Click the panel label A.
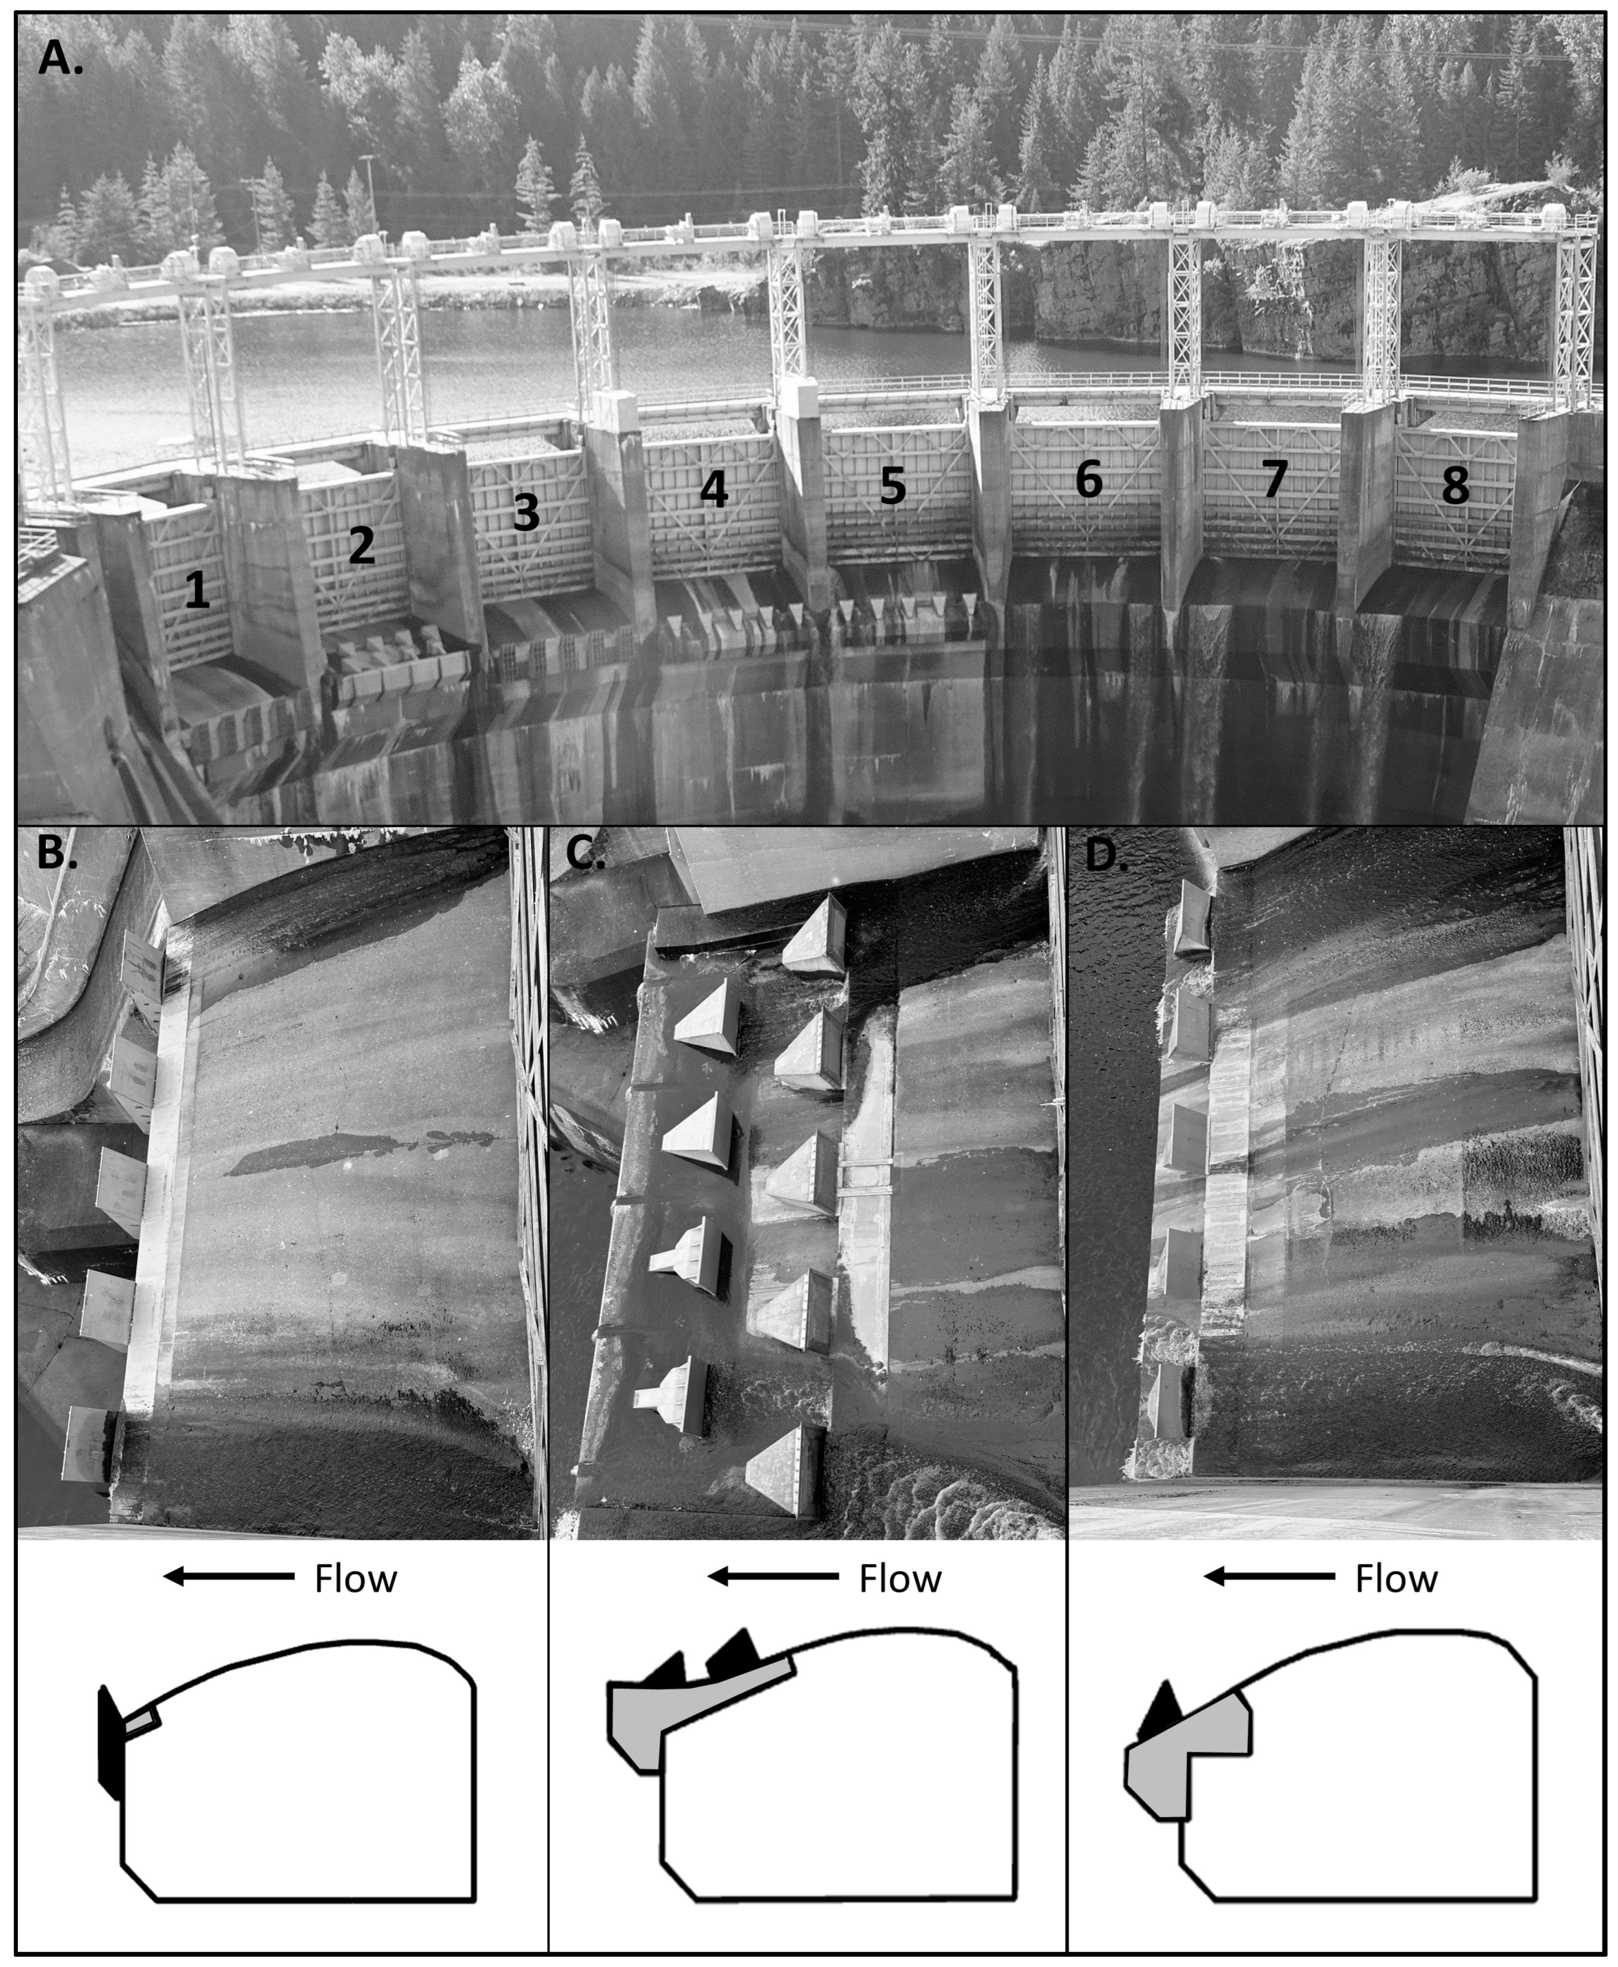60,58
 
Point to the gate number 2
361,546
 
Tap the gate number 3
527,513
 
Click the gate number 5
893,486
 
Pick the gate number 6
1089,479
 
